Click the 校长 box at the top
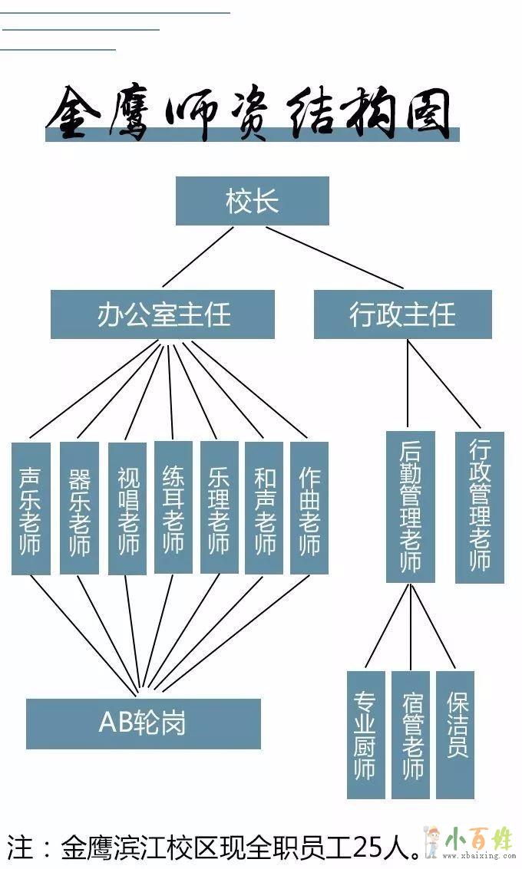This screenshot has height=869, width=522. point(252,201)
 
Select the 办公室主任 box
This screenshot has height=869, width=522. point(163,314)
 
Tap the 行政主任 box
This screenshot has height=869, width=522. point(402,314)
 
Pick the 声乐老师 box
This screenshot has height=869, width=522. point(31,508)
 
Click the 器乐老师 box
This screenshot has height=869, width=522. point(79,508)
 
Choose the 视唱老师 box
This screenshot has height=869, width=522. point(127,508)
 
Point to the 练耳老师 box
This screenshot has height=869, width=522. point(173,507)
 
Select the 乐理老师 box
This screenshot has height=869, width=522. point(219,507)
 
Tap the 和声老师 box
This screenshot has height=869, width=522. point(264,507)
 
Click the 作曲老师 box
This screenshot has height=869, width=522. point(309,507)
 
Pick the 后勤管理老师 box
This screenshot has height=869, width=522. point(410,506)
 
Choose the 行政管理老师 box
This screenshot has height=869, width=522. point(479,506)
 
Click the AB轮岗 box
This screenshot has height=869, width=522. point(143,723)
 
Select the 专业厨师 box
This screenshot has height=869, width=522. point(365,734)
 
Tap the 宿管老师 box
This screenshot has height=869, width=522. point(411,734)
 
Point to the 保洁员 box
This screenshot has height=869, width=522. point(455,734)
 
